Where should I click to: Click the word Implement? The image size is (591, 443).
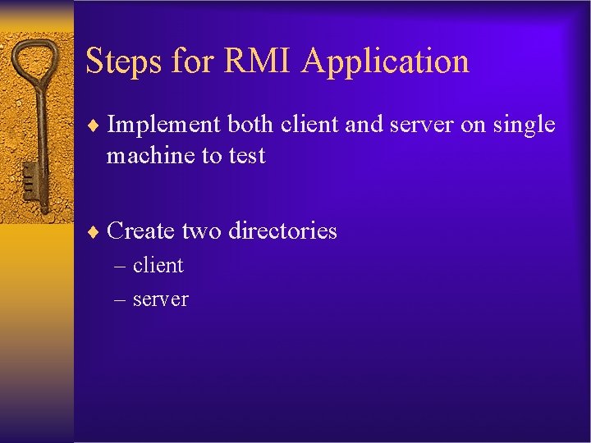(163, 126)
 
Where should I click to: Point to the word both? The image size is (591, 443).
(250, 125)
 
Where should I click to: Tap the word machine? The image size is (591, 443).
(150, 155)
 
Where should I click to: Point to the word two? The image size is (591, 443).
(201, 231)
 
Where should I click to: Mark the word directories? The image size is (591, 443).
(282, 231)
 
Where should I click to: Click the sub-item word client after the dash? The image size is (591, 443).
(158, 265)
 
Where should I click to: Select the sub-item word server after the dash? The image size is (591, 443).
(160, 299)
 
